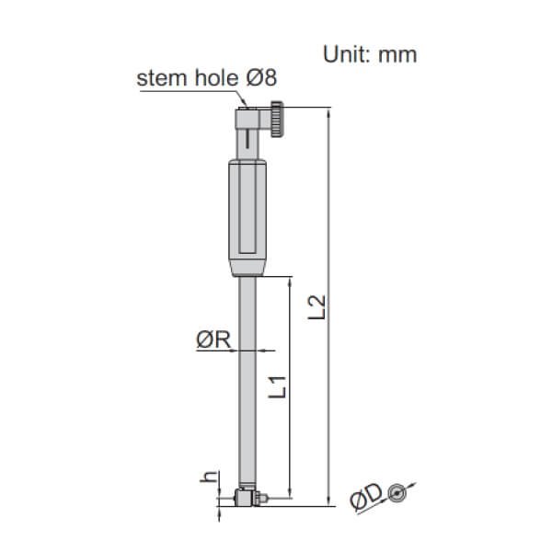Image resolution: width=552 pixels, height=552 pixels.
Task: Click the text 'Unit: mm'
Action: coord(370,53)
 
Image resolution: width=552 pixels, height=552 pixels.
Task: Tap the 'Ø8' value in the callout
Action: coord(263,78)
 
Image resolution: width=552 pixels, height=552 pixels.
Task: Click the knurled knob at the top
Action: coord(280,117)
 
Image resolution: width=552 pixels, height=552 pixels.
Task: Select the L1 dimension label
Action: coord(283,384)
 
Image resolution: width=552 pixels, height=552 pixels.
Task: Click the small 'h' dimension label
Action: coord(209,477)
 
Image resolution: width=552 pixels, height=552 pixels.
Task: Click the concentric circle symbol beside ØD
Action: coord(397,493)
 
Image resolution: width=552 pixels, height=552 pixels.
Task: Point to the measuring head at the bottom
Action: coord(246,498)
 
